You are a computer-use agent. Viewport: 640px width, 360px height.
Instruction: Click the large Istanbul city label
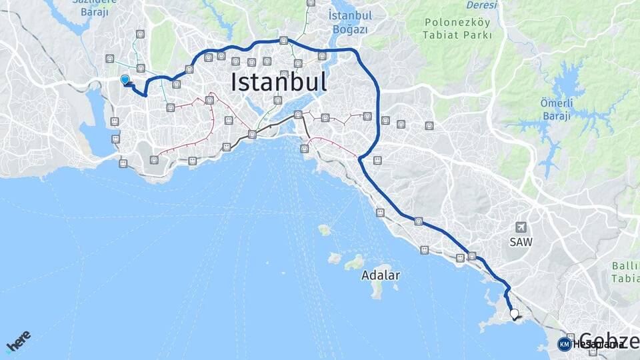(279, 82)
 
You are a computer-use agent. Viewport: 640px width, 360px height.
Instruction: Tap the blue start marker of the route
(125, 80)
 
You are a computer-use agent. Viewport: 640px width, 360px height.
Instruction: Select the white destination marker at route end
(514, 313)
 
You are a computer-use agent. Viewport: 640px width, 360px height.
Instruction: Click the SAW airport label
(521, 243)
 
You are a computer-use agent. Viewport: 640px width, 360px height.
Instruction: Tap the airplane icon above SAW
(521, 227)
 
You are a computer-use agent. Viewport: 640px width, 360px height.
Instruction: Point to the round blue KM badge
(565, 344)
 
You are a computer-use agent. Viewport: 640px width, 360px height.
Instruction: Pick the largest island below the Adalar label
(378, 290)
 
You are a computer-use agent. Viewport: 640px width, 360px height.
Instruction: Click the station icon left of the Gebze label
(571, 337)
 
